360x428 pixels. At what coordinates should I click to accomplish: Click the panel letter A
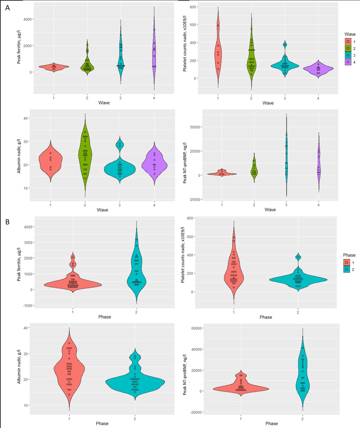(x=8, y=8)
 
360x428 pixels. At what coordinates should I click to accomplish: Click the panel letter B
(x=8, y=222)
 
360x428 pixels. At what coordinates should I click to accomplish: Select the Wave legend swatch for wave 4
(x=348, y=62)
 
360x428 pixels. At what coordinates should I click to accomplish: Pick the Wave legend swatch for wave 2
(x=348, y=48)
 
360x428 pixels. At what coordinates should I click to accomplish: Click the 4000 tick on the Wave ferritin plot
(x=28, y=19)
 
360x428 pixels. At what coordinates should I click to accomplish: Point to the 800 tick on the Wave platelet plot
(x=192, y=7)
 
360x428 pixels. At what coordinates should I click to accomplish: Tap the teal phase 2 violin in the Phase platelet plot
(x=298, y=280)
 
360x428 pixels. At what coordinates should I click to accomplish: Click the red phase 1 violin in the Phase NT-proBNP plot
(x=241, y=388)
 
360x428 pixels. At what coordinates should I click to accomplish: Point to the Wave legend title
(x=350, y=34)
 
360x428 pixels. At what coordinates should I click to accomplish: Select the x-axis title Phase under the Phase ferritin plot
(x=104, y=317)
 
